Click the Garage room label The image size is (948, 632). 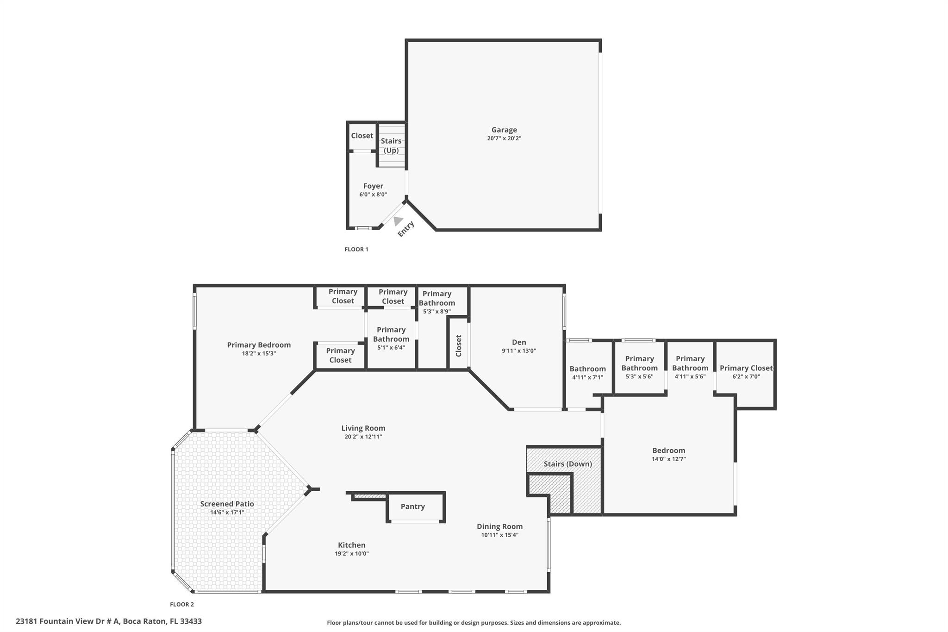click(x=504, y=130)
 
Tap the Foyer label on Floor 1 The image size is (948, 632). click(x=373, y=186)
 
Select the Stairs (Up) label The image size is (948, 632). click(x=391, y=145)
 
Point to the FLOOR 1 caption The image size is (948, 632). click(x=356, y=249)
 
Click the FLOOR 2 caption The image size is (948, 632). click(x=181, y=604)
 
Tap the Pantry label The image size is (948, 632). click(x=412, y=507)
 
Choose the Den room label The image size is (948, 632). click(x=519, y=342)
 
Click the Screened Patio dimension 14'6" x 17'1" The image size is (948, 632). click(x=227, y=513)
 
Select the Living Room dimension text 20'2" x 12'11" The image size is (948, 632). click(x=363, y=437)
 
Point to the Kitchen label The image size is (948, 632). click(x=352, y=545)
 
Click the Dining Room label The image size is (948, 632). click(x=499, y=526)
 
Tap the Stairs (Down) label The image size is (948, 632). click(x=568, y=464)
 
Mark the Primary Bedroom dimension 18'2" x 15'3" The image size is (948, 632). click(x=259, y=353)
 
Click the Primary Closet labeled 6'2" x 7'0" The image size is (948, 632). click(x=746, y=368)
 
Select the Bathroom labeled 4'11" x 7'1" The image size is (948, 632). click(x=587, y=369)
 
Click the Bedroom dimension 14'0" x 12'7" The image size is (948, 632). click(x=668, y=459)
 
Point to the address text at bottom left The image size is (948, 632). click(x=109, y=621)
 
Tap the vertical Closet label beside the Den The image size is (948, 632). click(x=459, y=345)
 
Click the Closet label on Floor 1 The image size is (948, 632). click(x=362, y=136)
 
